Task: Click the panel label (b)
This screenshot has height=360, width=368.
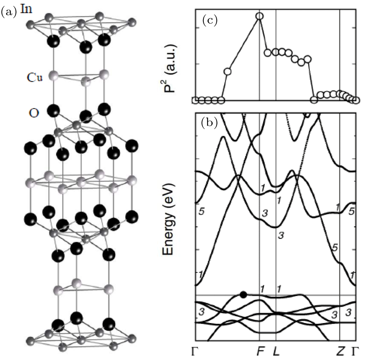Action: tap(210, 123)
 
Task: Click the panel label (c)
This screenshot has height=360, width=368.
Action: tap(210, 20)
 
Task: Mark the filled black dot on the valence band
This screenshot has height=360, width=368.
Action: tap(243, 294)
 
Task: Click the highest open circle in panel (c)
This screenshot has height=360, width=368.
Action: tap(260, 16)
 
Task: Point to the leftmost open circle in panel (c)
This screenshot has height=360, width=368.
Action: tap(195, 100)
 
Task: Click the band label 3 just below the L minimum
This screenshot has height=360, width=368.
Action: tap(281, 235)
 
